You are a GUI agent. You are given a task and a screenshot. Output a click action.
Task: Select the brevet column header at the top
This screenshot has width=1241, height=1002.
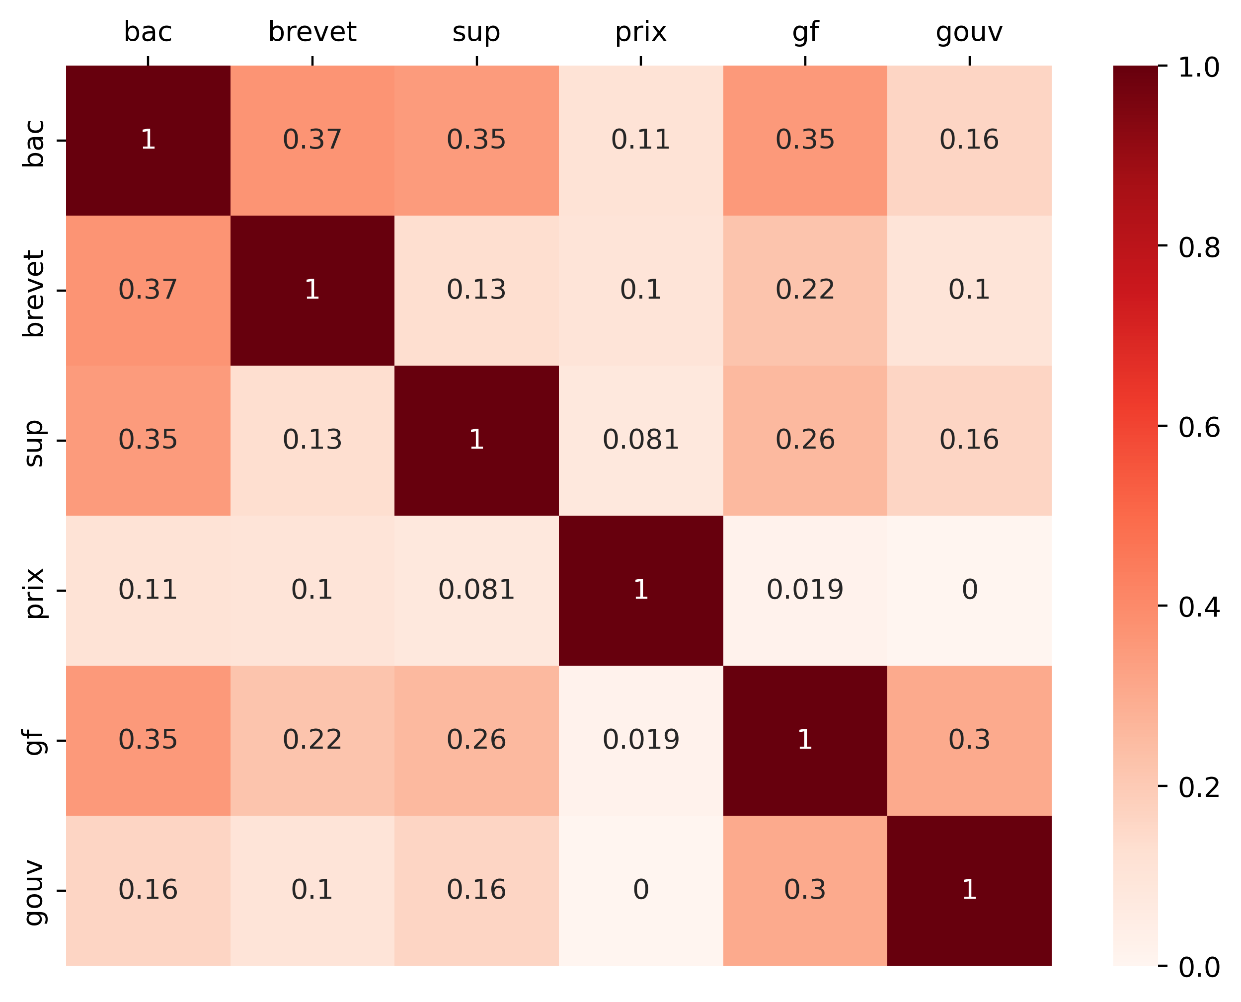pos(312,32)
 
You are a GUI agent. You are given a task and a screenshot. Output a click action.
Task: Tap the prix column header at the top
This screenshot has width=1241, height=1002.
pos(641,32)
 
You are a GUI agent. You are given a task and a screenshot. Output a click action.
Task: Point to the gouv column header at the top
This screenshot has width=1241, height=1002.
pos(969,32)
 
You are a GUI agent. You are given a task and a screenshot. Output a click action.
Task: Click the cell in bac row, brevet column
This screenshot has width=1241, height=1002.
pos(312,140)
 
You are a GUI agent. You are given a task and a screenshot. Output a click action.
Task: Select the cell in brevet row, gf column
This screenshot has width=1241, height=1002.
pos(805,290)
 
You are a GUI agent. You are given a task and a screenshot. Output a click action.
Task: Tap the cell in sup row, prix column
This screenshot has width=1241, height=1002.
pos(641,441)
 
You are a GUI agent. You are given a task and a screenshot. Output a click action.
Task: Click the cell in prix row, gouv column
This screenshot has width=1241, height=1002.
pos(969,591)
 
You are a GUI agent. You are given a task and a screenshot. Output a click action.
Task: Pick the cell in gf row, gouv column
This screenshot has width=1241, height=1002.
pos(969,741)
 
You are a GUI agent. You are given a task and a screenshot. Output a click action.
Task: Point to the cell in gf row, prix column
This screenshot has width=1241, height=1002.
pos(641,741)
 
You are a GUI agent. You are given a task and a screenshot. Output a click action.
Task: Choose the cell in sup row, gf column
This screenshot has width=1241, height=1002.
pos(805,441)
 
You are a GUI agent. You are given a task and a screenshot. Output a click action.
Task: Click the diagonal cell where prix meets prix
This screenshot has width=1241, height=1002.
pos(641,591)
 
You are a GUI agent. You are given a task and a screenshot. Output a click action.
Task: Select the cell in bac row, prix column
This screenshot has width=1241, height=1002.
pos(641,140)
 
